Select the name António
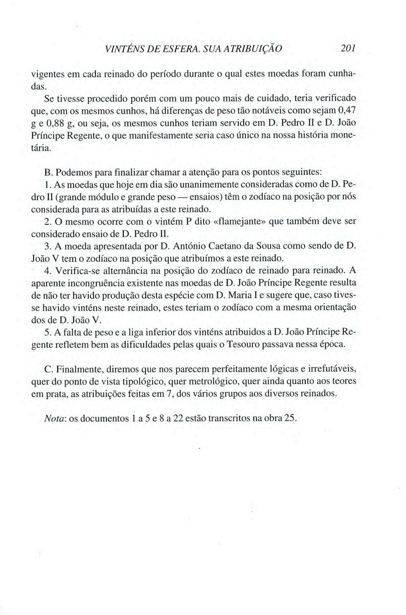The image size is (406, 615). click(194, 246)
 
